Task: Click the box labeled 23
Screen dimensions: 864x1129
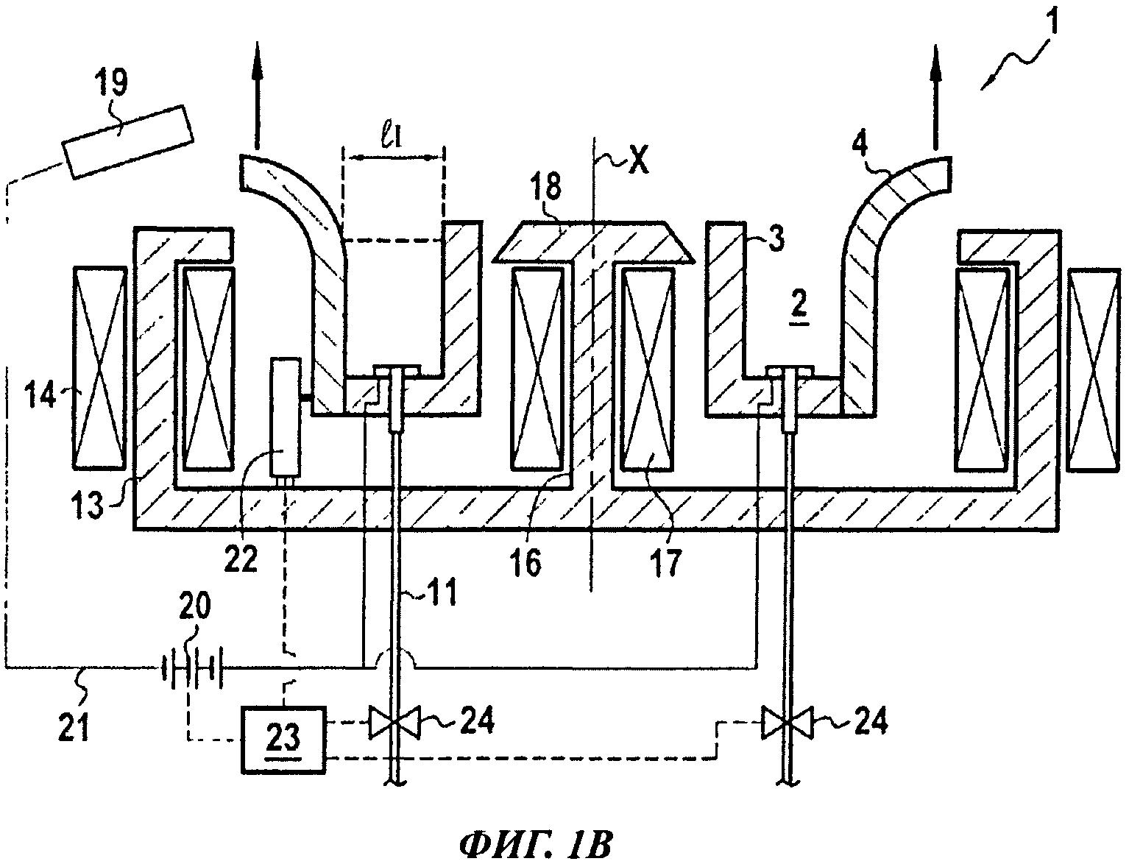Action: [284, 739]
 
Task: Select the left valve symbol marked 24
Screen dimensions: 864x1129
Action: [394, 723]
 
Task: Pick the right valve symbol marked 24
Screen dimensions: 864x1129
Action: [788, 723]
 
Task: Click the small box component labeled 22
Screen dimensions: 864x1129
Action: [286, 417]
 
